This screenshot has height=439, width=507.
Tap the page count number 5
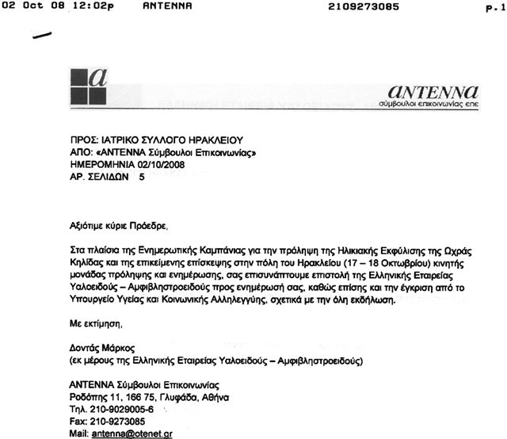143,179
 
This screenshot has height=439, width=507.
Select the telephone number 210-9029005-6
121,410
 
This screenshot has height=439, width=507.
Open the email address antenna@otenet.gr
134,433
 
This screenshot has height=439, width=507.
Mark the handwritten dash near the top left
40,35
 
